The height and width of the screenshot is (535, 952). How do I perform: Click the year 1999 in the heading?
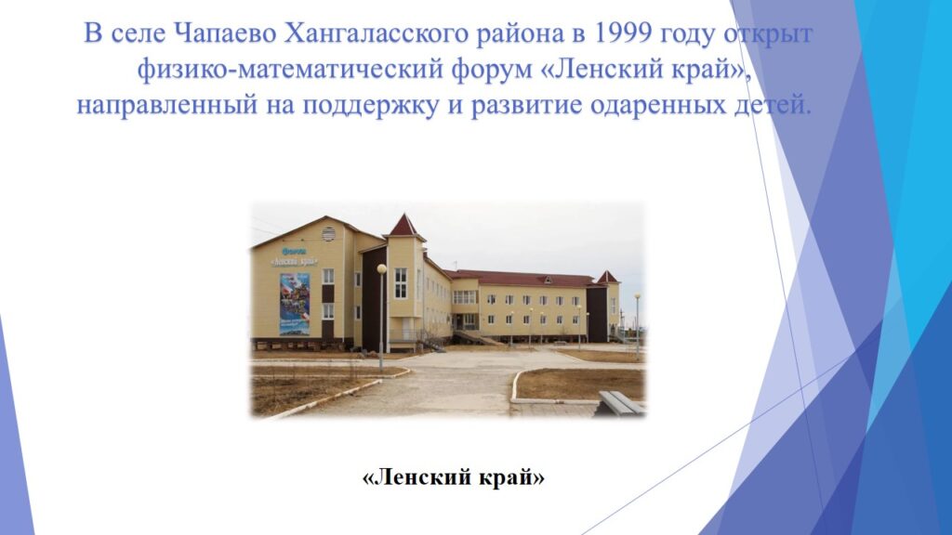(x=619, y=33)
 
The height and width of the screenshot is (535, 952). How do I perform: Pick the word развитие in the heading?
(x=528, y=106)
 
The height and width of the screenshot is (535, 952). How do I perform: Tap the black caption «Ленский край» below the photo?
(x=454, y=477)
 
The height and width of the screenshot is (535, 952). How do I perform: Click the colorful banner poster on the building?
(x=295, y=304)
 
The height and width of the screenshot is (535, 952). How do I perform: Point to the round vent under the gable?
(x=328, y=234)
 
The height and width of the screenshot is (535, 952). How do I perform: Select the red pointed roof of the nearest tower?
(x=403, y=226)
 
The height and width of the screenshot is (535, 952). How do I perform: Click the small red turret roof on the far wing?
(x=607, y=278)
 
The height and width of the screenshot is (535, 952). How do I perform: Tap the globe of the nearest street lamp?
(x=381, y=268)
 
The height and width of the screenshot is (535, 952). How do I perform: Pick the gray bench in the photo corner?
(x=620, y=403)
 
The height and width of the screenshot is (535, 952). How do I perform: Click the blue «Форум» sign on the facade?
(x=294, y=251)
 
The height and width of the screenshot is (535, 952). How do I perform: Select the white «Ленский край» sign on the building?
(x=294, y=261)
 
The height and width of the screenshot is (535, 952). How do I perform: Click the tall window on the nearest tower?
(x=401, y=283)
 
